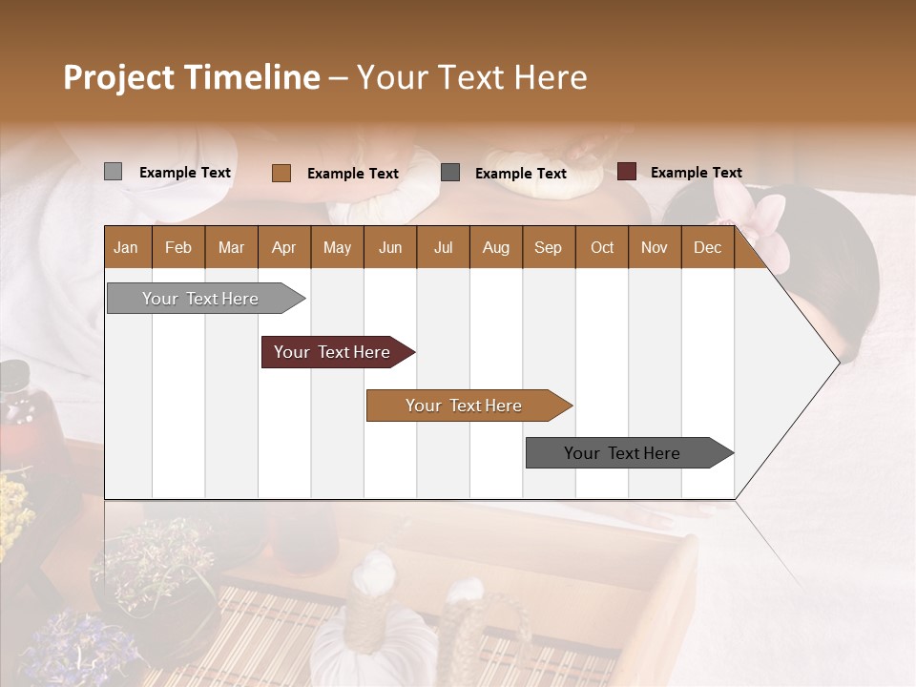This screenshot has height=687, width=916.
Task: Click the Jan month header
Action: (126, 247)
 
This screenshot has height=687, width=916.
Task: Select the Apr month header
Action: (284, 247)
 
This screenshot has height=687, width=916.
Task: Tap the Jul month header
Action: (443, 247)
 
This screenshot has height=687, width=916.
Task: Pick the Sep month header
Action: (548, 247)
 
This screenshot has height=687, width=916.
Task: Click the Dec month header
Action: (707, 247)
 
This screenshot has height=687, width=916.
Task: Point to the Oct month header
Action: (602, 247)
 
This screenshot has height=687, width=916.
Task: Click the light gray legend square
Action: (113, 172)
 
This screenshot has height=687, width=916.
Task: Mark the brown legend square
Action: (281, 173)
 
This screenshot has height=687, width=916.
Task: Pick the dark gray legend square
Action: (450, 173)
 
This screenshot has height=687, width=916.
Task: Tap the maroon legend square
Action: (626, 172)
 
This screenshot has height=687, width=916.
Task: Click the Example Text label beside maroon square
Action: (696, 173)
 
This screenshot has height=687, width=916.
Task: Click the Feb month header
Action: (178, 247)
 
